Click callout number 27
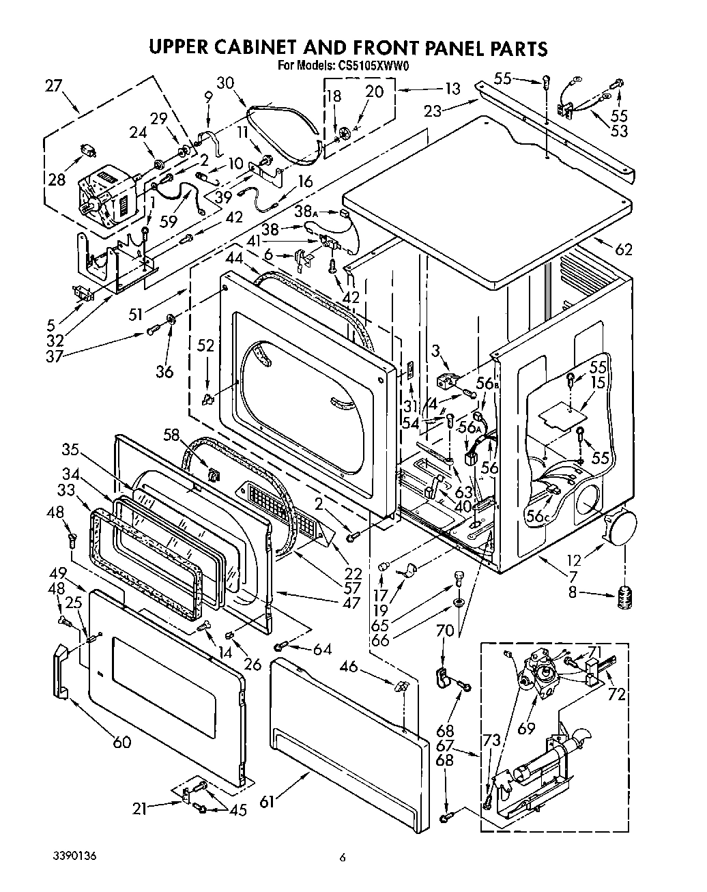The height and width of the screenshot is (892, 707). pyautogui.click(x=53, y=86)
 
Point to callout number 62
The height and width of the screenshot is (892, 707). pyautogui.click(x=623, y=249)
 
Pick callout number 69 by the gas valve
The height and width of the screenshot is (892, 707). pyautogui.click(x=525, y=729)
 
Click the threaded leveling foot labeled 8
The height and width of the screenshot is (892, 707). pyautogui.click(x=624, y=598)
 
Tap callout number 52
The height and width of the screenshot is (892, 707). pyautogui.click(x=205, y=347)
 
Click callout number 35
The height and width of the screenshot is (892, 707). pyautogui.click(x=70, y=450)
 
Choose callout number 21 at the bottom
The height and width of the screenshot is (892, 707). pyautogui.click(x=140, y=809)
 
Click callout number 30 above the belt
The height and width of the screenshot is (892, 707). pyautogui.click(x=226, y=83)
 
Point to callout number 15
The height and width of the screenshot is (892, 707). pyautogui.click(x=598, y=383)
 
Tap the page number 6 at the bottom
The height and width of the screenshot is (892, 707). pyautogui.click(x=344, y=858)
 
